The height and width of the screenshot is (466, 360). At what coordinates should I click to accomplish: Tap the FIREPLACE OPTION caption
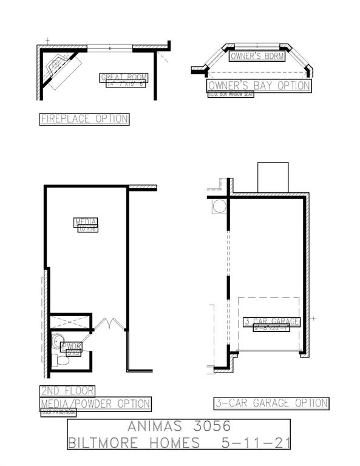click(x=84, y=119)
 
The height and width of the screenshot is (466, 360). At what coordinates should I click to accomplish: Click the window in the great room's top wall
click(x=110, y=47)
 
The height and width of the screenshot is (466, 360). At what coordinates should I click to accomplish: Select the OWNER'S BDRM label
click(x=254, y=56)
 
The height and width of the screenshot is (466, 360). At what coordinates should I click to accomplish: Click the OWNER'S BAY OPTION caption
click(x=259, y=86)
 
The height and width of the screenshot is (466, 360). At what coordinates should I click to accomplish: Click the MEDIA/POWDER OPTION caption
click(x=95, y=404)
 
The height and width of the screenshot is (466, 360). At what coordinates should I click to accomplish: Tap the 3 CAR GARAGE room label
click(x=271, y=322)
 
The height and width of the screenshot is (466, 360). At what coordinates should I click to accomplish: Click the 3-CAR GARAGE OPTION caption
click(x=271, y=403)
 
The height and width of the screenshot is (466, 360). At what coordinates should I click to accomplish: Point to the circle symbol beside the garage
click(x=218, y=207)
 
